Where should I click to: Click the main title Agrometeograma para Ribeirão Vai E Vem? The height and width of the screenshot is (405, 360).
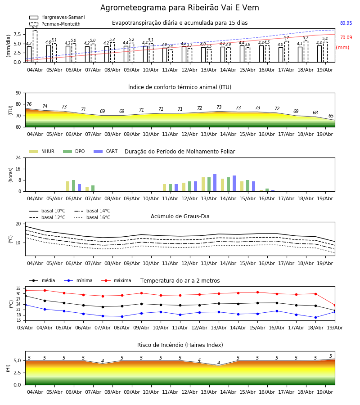tap(180, 8)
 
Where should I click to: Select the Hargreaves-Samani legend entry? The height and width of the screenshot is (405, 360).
tap(57, 17)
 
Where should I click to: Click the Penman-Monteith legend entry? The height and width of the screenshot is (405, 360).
tap(55, 24)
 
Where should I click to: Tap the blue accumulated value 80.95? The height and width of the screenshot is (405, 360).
tap(346, 23)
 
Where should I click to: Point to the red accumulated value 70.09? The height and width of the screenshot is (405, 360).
tap(346, 37)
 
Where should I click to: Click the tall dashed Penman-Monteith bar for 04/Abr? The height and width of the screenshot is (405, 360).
tap(35, 46)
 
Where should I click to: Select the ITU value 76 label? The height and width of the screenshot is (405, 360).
tap(29, 104)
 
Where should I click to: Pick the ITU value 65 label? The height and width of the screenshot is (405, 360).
tap(331, 116)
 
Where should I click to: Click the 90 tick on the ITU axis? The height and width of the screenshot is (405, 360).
tap(18, 93)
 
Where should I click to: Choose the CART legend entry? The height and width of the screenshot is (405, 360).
tap(106, 151)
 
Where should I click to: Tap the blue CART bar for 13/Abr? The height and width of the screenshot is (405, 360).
tap(215, 183)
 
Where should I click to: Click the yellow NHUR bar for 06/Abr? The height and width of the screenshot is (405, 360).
tap(67, 186)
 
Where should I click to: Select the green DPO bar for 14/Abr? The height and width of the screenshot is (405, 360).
tap(228, 184)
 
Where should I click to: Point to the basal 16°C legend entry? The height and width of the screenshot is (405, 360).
tap(92, 217)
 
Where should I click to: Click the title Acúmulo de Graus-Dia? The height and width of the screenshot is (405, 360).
tap(180, 216)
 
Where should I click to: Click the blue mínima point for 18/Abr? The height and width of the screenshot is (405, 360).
tap(315, 317)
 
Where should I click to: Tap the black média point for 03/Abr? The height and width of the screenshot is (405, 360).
tap(26, 296)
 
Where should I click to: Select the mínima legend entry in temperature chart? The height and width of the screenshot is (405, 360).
tap(78, 280)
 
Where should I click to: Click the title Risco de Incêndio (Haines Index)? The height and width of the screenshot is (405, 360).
tap(180, 345)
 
